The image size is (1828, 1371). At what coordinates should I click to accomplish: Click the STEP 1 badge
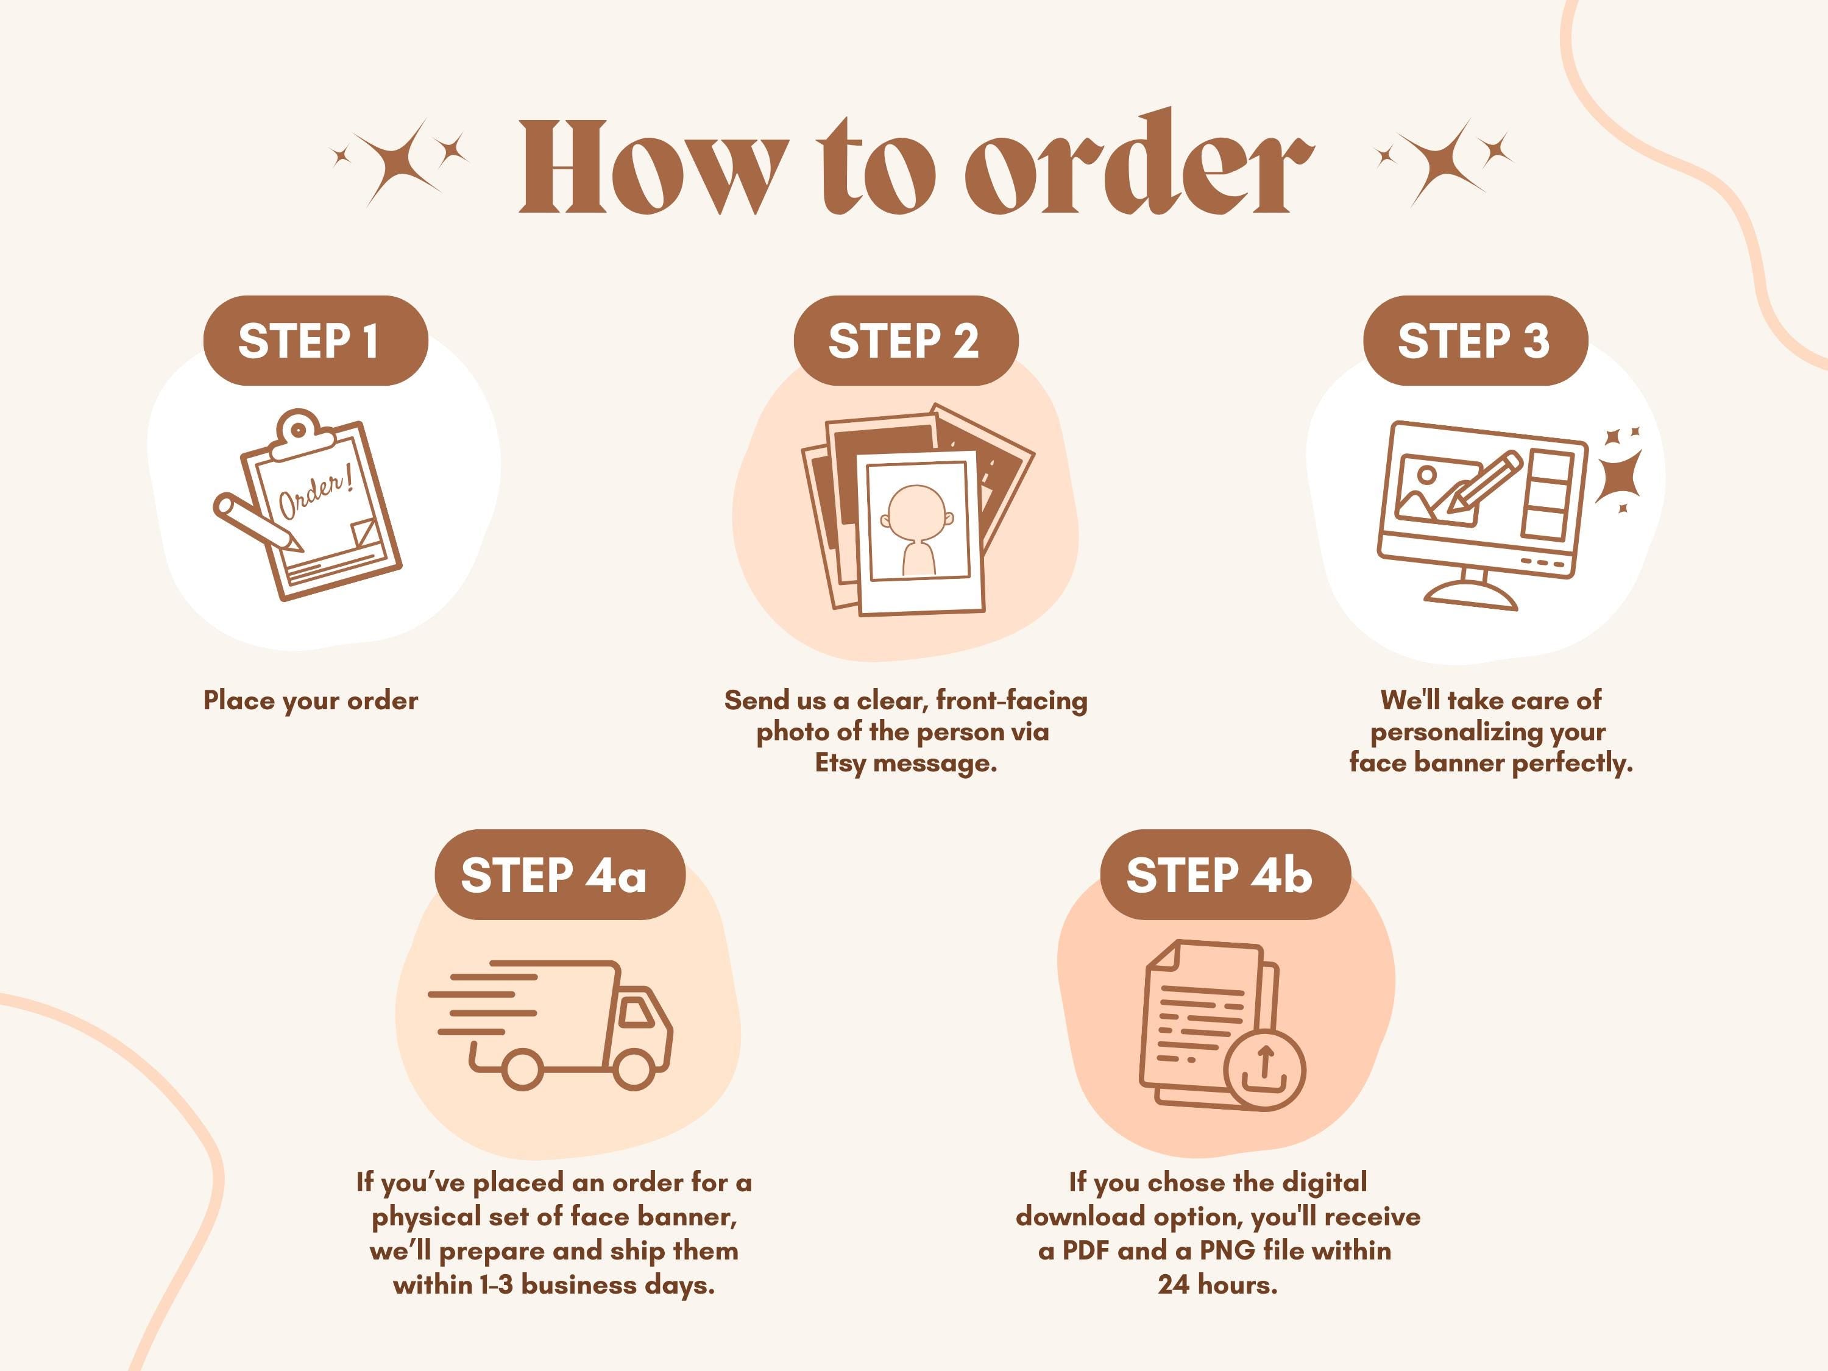click(x=316, y=341)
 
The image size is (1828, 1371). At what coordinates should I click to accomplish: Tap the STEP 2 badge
click(x=905, y=341)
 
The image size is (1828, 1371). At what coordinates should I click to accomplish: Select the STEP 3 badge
click(x=1475, y=341)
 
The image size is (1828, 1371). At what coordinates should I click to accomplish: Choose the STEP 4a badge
click(x=559, y=874)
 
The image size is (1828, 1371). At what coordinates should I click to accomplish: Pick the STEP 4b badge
click(x=1225, y=874)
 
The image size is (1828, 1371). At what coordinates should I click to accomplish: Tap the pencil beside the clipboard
click(x=256, y=522)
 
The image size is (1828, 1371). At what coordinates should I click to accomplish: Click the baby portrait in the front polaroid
click(x=917, y=530)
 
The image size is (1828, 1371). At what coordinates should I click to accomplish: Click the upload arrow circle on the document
click(x=1264, y=1070)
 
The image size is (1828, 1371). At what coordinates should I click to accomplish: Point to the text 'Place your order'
click(x=311, y=701)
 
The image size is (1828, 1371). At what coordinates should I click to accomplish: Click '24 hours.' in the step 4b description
click(x=1217, y=1285)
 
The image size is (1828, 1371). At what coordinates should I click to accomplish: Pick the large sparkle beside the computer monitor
click(x=1618, y=477)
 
